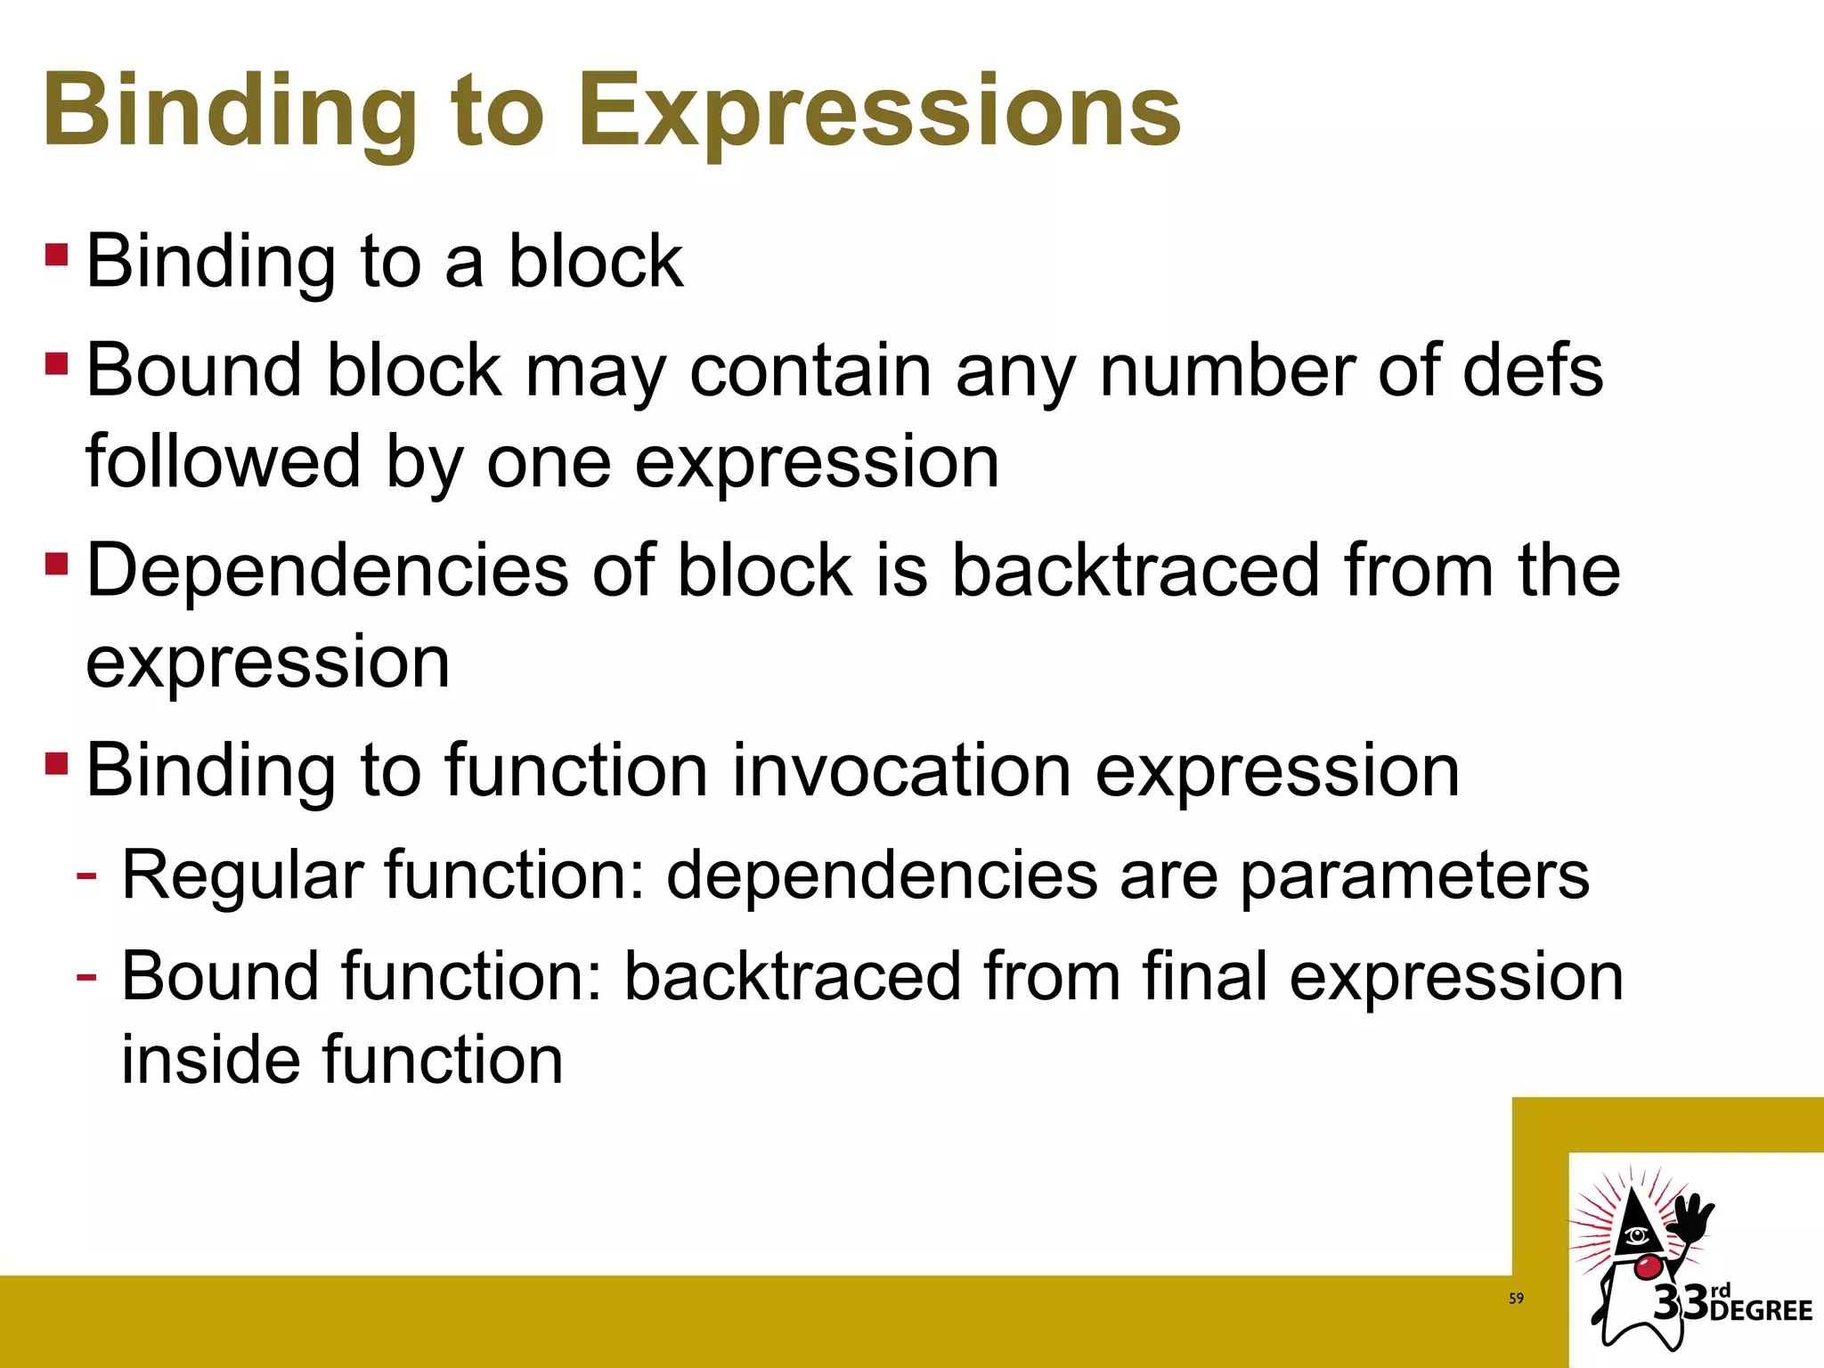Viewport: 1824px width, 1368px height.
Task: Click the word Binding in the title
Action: (x=230, y=111)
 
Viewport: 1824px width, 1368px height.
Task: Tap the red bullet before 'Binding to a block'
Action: (x=56, y=255)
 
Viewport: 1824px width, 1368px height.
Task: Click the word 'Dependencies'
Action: (x=327, y=570)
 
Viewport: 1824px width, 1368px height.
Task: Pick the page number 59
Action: (x=1516, y=1299)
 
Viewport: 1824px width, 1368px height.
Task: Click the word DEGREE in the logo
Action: (x=1761, y=1310)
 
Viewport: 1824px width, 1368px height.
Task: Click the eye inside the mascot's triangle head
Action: (x=1636, y=1235)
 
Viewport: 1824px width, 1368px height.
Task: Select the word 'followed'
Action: (x=223, y=461)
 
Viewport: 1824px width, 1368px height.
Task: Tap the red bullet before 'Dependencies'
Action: (x=56, y=564)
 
